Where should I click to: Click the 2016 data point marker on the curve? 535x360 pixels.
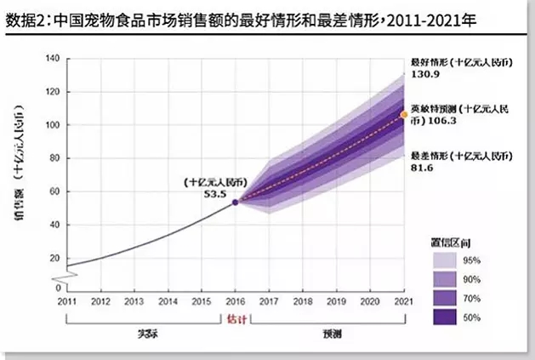(x=236, y=202)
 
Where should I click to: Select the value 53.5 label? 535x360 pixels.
(x=212, y=194)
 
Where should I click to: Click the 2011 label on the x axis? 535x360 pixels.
(x=66, y=302)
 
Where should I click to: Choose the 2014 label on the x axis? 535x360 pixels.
(x=168, y=302)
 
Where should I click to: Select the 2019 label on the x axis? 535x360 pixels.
(x=336, y=302)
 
